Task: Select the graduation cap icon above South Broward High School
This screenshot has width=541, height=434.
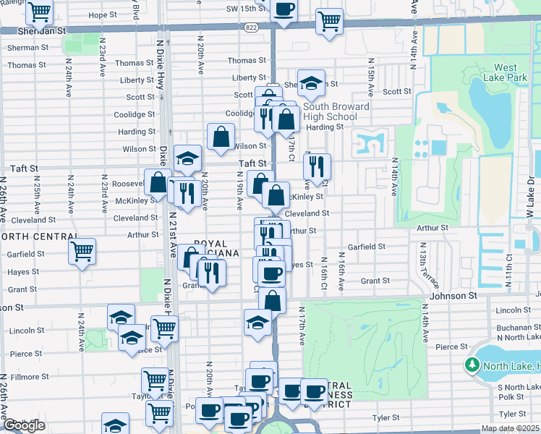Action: [x=310, y=83]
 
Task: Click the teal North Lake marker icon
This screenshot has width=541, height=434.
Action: [x=475, y=367]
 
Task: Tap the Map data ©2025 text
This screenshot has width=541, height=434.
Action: [x=510, y=428]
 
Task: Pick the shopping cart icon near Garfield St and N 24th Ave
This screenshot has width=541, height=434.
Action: [x=82, y=252]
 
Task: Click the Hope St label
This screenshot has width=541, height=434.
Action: [x=103, y=14]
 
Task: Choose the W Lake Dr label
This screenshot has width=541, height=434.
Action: [x=531, y=191]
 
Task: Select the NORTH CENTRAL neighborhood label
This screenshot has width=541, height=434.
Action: [x=39, y=237]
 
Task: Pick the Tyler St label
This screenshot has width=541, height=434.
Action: [x=385, y=417]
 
